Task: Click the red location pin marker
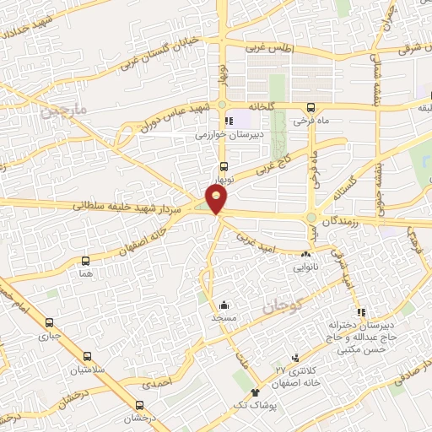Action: coord(218,199)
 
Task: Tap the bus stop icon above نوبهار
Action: coord(224,167)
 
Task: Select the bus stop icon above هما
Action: coord(84,261)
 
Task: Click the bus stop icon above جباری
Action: coord(49,322)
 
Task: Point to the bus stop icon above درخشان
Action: coord(139,405)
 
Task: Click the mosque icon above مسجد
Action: coord(224,305)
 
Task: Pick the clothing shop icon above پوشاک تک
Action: coord(256,392)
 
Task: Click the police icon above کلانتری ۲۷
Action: coord(294,358)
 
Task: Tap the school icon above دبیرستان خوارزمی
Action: coord(229,121)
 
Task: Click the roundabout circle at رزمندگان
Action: coord(311,217)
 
